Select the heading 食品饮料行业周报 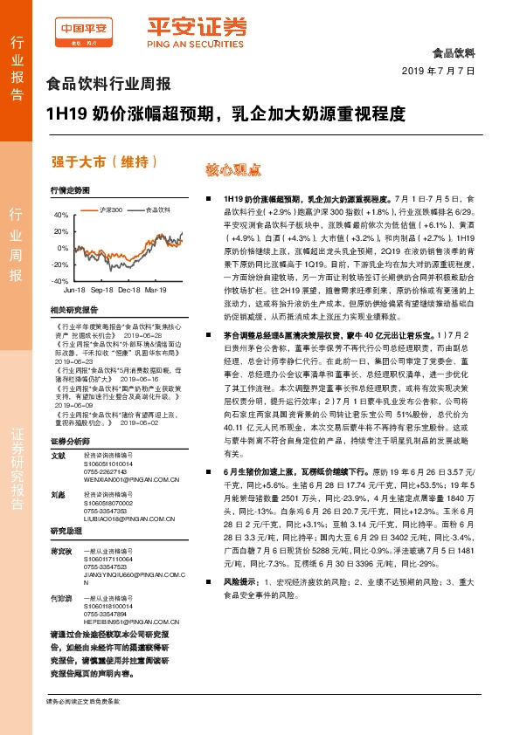point(107,85)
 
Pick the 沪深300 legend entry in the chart point(109,210)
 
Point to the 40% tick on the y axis point(60,214)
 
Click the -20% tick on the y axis point(59,264)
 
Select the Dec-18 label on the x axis point(129,288)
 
